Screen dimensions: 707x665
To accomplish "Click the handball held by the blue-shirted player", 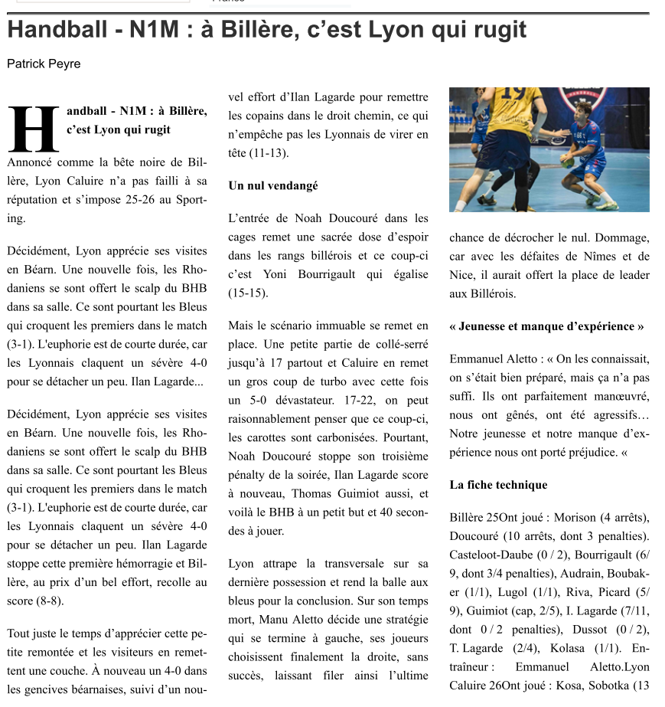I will click(x=566, y=161).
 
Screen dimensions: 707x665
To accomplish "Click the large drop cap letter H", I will click(x=34, y=129).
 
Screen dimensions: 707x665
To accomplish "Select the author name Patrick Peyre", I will click(x=44, y=64).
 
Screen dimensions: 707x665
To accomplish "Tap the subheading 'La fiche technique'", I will click(x=498, y=485).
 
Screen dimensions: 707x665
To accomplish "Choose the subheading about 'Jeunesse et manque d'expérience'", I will click(x=546, y=326).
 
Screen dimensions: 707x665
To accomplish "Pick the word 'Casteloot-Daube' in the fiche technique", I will click(x=490, y=554).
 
